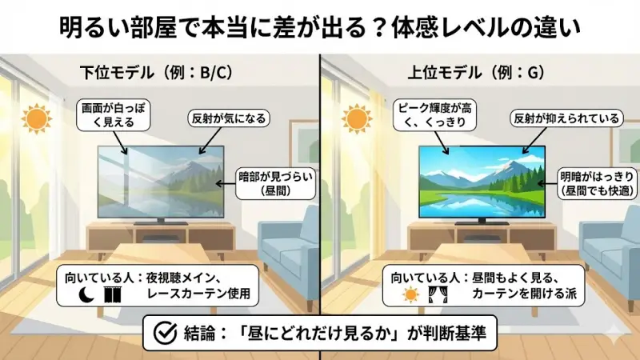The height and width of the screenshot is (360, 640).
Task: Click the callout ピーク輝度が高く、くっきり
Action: [x=430, y=116]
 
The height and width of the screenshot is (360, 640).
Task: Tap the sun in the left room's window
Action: [x=36, y=120]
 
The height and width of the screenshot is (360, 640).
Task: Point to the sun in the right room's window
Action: [x=357, y=120]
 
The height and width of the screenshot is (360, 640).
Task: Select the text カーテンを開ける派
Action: [x=519, y=295]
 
